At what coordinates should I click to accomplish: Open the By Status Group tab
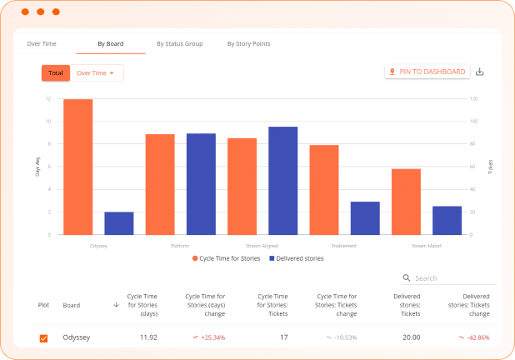pos(179,43)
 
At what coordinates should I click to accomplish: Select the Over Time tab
pos(42,43)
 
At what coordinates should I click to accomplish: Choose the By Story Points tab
pos(248,43)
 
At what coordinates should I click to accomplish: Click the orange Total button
pos(56,73)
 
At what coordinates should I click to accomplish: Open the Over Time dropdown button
pos(96,73)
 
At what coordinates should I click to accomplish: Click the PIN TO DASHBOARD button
pos(427,72)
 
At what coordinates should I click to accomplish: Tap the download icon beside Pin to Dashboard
pos(479,72)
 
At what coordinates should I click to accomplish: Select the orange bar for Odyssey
pos(78,167)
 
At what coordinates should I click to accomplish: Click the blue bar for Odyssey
pos(119,223)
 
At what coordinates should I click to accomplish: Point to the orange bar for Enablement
pos(324,190)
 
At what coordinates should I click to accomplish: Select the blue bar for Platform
pos(201,184)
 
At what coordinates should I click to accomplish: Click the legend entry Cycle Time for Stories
pos(227,258)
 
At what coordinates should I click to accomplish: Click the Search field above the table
pos(450,278)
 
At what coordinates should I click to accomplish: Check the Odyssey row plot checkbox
pos(44,337)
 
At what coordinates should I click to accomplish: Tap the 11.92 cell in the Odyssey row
pos(147,337)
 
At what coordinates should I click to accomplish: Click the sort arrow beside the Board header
pos(116,305)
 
